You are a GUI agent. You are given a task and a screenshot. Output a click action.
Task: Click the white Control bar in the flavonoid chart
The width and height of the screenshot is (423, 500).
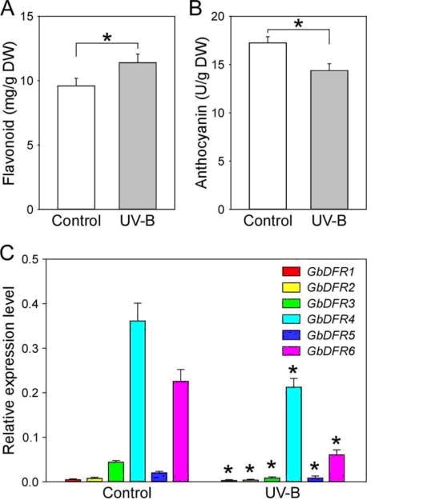[76, 147]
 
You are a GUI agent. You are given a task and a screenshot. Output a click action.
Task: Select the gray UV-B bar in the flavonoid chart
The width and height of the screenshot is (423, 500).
[138, 136]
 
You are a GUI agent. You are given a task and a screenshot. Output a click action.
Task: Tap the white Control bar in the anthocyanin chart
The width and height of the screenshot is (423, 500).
[268, 126]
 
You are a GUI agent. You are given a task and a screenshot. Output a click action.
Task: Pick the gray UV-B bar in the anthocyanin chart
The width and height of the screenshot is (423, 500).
[329, 140]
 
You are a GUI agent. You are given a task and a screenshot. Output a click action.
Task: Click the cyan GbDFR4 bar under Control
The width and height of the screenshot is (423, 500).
[138, 401]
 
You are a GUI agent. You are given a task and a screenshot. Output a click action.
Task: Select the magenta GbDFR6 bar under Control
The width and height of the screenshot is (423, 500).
[181, 431]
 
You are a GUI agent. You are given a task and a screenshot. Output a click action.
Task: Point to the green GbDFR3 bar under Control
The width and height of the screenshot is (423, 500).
[116, 472]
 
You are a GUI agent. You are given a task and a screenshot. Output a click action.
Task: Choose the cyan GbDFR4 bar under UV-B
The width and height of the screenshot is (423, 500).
[294, 434]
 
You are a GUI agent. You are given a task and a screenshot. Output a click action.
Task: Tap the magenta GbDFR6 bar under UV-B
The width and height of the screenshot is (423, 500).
[336, 468]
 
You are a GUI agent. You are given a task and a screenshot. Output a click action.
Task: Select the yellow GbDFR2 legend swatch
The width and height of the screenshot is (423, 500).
[291, 287]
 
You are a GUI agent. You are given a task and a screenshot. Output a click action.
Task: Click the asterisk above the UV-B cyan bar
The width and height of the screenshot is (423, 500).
[293, 370]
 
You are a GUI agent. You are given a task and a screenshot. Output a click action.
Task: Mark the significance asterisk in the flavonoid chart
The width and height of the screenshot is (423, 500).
[107, 38]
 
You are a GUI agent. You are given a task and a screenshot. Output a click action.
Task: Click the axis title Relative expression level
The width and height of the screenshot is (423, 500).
[9, 370]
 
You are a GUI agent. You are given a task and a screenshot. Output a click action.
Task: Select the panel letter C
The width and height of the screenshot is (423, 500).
[7, 254]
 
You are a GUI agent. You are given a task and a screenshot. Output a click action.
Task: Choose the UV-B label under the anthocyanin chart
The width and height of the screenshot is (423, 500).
[329, 221]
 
